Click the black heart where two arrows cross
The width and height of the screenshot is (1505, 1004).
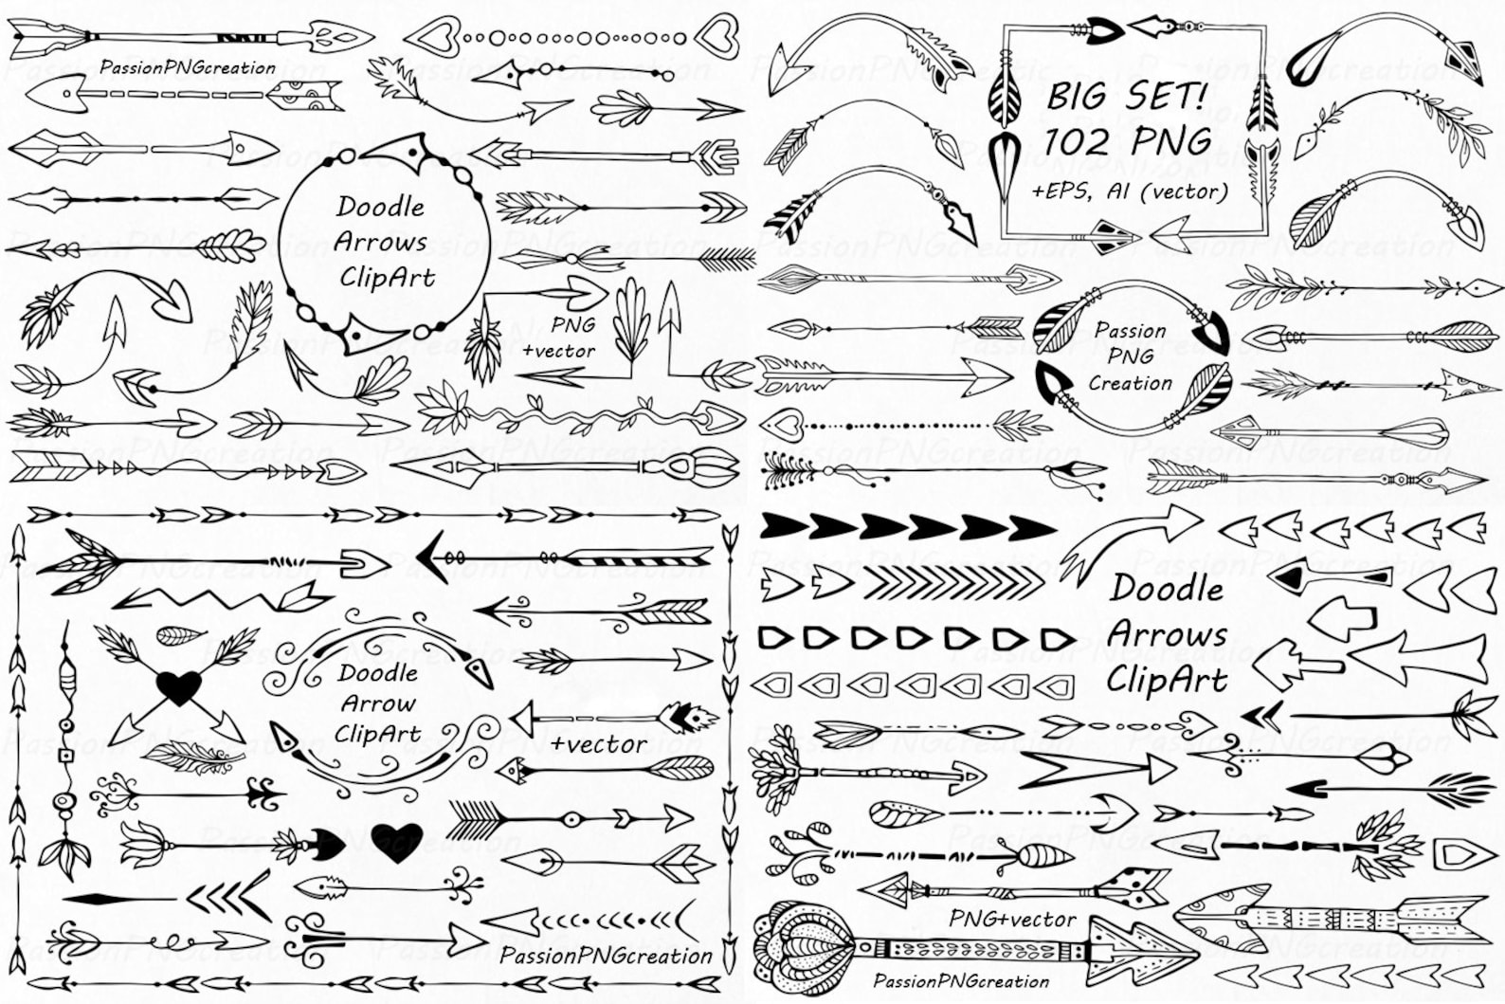click(x=179, y=686)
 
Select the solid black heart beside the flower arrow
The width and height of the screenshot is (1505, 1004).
click(x=396, y=840)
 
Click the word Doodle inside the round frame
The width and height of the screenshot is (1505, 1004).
click(x=380, y=207)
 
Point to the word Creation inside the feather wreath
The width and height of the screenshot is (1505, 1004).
click(x=1130, y=383)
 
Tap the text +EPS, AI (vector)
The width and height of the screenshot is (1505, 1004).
click(x=1130, y=192)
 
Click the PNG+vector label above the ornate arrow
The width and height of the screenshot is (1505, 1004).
click(x=1012, y=918)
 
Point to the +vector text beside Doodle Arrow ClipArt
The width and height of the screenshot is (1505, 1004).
click(x=598, y=744)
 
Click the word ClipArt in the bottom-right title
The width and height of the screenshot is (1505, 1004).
click(x=1166, y=679)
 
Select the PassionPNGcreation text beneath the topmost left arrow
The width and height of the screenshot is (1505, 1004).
click(x=188, y=67)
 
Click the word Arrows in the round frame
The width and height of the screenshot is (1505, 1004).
click(x=380, y=242)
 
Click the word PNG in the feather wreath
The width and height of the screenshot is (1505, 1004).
click(x=1130, y=356)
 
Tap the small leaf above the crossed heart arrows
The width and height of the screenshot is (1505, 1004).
click(x=180, y=635)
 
